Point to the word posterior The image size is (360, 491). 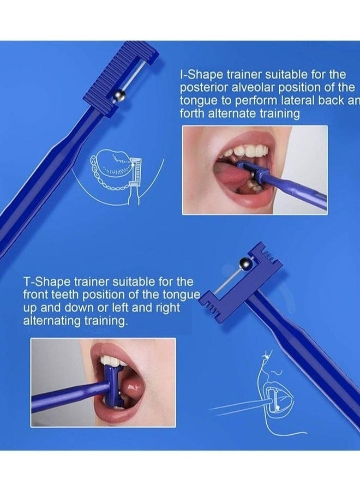202,87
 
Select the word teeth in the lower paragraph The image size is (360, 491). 69,295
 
